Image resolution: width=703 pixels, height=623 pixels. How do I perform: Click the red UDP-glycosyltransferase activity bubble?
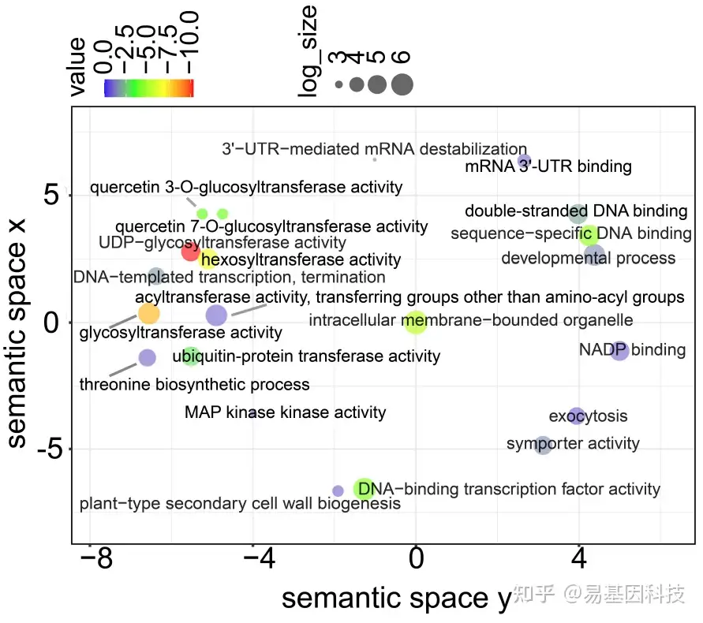(x=190, y=252)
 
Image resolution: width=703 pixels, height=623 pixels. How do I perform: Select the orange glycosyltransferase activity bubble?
(x=148, y=314)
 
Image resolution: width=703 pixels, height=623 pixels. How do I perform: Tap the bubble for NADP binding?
(x=619, y=351)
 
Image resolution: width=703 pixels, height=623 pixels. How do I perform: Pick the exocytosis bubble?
(x=577, y=416)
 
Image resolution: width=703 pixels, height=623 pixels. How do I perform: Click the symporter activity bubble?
(x=542, y=446)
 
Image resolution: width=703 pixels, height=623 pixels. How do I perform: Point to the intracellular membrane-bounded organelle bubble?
(x=415, y=321)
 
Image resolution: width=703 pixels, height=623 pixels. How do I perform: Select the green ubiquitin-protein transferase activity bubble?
(x=191, y=356)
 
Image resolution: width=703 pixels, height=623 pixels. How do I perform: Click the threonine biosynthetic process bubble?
(x=147, y=357)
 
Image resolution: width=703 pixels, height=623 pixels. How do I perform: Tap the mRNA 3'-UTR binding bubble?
(x=524, y=162)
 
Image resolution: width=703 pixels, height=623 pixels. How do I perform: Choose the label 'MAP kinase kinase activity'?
(x=285, y=412)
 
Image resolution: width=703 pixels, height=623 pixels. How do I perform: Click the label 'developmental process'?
(x=589, y=259)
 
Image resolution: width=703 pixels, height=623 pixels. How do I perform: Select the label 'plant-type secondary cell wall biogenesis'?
(x=240, y=503)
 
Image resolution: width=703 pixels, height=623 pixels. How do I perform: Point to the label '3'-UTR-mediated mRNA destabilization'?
(x=374, y=149)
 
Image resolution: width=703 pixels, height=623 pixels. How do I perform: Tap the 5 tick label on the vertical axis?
(x=53, y=196)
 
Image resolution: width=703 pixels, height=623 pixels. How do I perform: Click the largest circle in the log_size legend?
(x=402, y=84)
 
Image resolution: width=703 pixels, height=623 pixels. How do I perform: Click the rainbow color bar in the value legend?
(x=148, y=88)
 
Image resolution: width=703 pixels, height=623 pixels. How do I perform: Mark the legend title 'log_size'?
(x=309, y=51)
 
